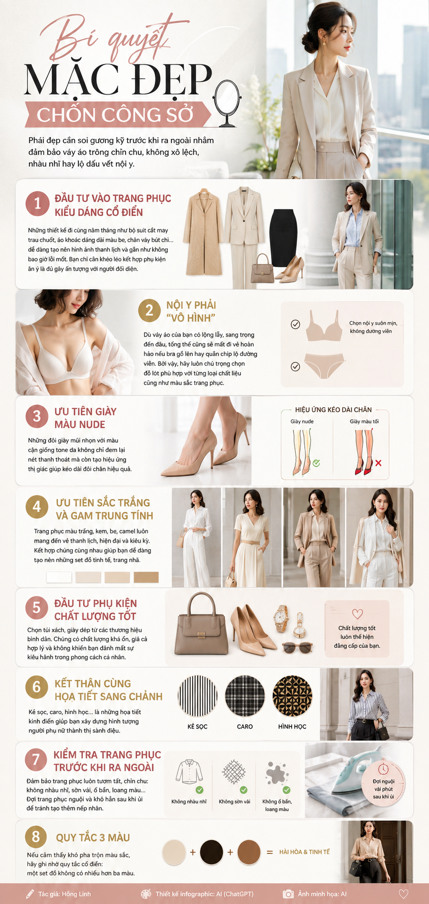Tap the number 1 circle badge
tap(38, 204)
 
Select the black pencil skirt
tap(283, 238)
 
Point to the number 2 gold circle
tap(149, 311)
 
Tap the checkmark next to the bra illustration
tap(295, 324)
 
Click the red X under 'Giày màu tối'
tap(378, 463)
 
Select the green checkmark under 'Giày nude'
tap(316, 463)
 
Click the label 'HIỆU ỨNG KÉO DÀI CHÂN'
tap(333, 410)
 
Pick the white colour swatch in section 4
tap(59, 577)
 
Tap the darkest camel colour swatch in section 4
tap(146, 577)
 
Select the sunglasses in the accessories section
tap(297, 647)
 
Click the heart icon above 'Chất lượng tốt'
tap(357, 614)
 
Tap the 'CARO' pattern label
tap(245, 726)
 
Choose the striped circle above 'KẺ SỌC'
tap(198, 695)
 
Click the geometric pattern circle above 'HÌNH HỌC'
tap(292, 695)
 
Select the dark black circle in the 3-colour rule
tap(212, 852)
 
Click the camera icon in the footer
tap(288, 894)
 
